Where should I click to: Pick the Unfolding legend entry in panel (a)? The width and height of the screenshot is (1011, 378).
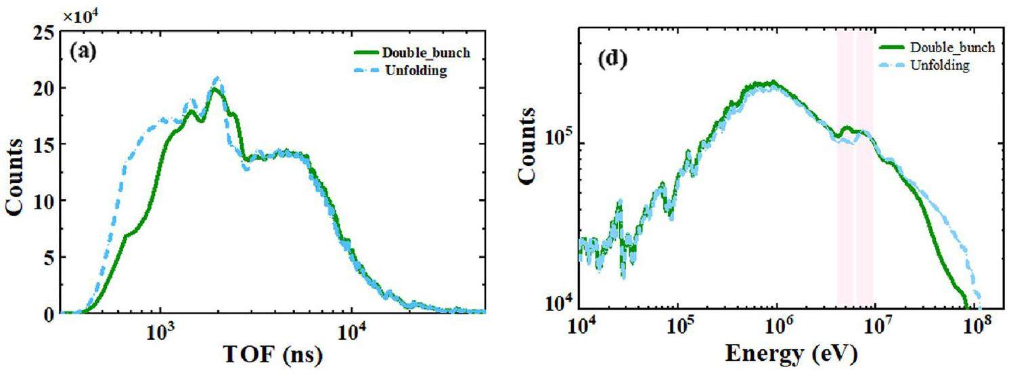[414, 71]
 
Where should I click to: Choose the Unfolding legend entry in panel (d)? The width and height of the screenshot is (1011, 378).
[940, 65]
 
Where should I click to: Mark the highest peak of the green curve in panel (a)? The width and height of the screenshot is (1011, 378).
[215, 89]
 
